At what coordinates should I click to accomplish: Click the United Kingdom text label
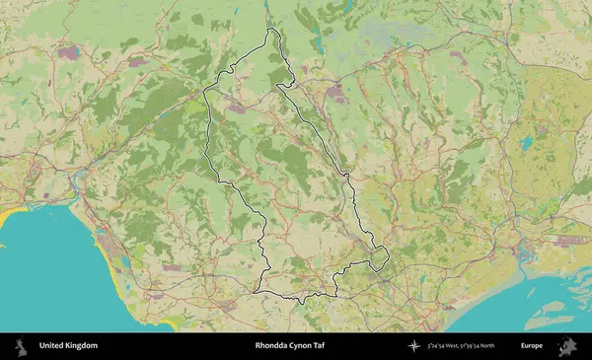pos(68,346)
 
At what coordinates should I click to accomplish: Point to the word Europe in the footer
pos(532,346)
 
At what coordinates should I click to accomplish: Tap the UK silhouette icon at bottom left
pos(20,346)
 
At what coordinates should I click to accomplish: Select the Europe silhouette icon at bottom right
pos(568,346)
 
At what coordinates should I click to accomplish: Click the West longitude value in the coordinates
pos(446,346)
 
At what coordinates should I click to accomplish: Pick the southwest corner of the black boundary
pos(255,291)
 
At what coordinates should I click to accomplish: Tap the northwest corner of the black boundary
pos(204,91)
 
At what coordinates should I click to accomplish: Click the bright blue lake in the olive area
pos(526,144)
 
